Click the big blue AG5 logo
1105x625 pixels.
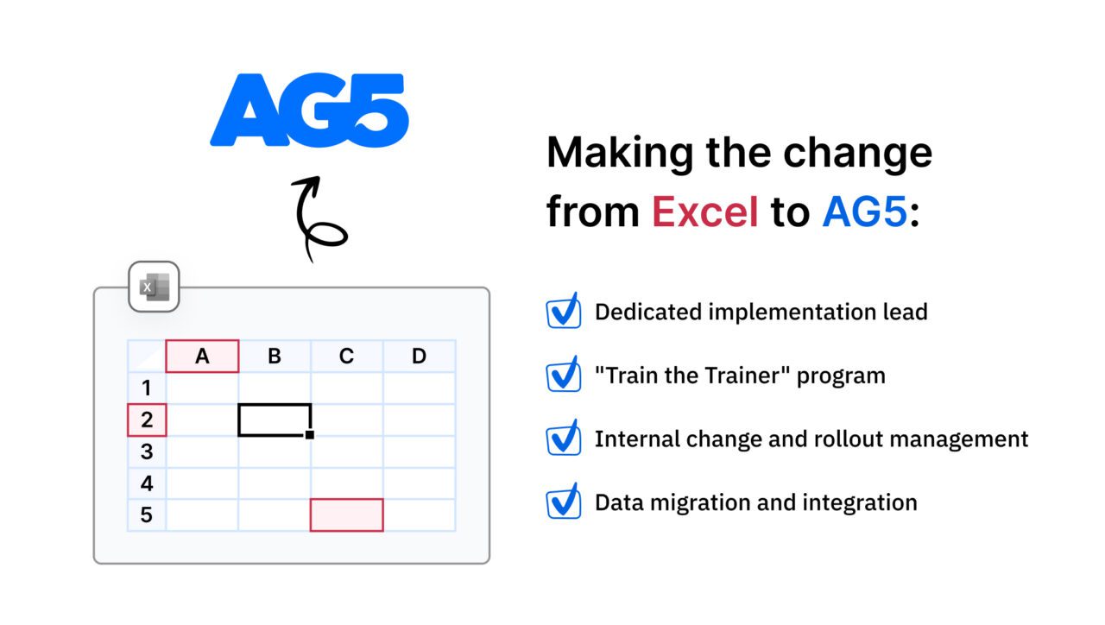[309, 110]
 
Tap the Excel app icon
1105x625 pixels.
[154, 287]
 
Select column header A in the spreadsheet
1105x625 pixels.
[202, 356]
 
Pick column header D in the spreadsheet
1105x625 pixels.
[419, 356]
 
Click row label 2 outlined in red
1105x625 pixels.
[147, 420]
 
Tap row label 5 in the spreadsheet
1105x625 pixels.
[147, 515]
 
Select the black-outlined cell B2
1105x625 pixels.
[274, 420]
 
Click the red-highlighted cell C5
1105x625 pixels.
[346, 515]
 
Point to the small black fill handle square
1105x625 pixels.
[310, 435]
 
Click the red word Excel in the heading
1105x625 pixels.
[704, 211]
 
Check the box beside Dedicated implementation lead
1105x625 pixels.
[564, 312]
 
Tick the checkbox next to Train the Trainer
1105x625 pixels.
[564, 376]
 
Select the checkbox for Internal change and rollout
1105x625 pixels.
[564, 439]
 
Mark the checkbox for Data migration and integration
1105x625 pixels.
[564, 502]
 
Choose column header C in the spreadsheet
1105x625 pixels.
[346, 356]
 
